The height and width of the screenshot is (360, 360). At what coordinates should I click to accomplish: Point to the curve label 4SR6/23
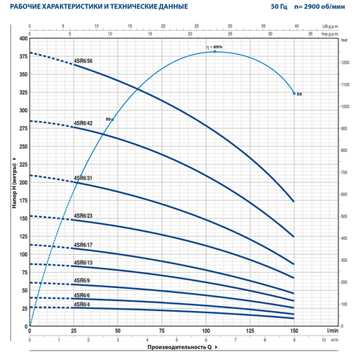click(x=84, y=215)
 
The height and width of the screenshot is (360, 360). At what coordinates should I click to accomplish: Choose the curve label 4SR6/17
click(x=84, y=244)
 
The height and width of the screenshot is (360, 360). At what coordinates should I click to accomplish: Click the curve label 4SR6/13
click(x=84, y=262)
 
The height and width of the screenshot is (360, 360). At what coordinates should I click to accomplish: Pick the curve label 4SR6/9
click(x=82, y=280)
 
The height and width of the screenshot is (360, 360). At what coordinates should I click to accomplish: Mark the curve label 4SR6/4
click(x=82, y=304)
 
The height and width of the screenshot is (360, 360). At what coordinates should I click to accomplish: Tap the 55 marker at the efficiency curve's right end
click(x=300, y=94)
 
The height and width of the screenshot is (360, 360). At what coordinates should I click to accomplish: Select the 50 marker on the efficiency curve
click(x=108, y=118)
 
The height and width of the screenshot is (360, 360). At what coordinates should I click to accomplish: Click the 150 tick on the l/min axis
click(x=294, y=330)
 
